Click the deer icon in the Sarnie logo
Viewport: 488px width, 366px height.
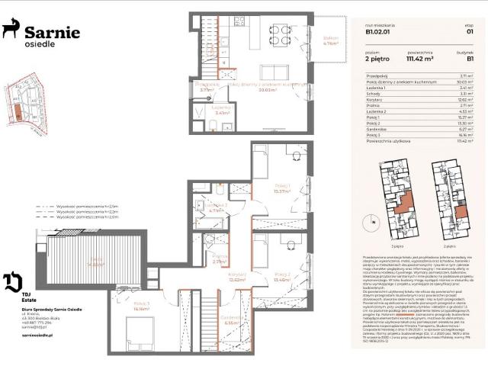[11, 30]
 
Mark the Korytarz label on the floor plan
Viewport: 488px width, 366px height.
[236, 277]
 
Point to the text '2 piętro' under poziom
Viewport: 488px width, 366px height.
[375, 56]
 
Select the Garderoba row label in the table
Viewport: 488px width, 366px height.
[377, 129]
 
